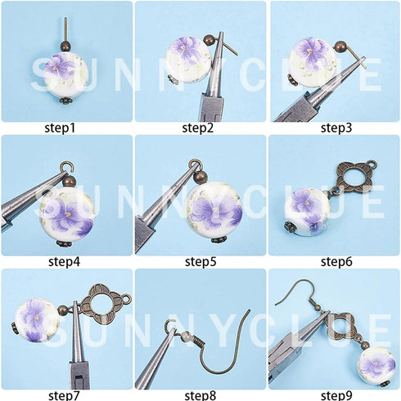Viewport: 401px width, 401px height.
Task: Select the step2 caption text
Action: point(200,128)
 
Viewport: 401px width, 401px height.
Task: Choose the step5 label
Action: point(200,262)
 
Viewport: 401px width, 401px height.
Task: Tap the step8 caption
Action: point(200,395)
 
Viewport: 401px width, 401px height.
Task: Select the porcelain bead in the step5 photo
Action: point(213,208)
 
